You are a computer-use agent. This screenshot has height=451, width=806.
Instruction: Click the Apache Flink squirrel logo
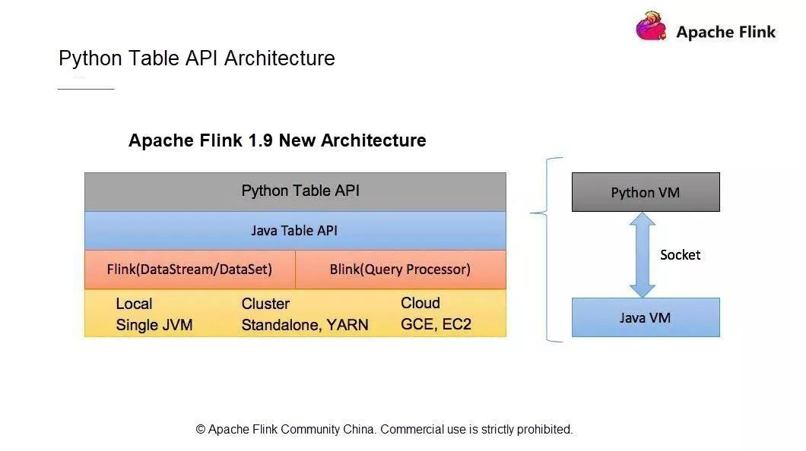pyautogui.click(x=652, y=26)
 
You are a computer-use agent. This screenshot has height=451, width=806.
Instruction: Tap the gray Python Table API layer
pyautogui.click(x=295, y=192)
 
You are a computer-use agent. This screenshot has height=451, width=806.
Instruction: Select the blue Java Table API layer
pyautogui.click(x=295, y=231)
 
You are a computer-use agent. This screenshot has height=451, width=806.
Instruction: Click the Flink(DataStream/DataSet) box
pyautogui.click(x=189, y=270)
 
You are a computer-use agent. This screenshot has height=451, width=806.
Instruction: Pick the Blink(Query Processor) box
pyautogui.click(x=401, y=270)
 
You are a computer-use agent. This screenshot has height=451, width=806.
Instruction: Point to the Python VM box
pyautogui.click(x=646, y=192)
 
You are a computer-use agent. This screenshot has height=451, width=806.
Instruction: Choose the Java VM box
pyautogui.click(x=646, y=317)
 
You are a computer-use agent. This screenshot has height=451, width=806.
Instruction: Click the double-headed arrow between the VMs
pyautogui.click(x=642, y=255)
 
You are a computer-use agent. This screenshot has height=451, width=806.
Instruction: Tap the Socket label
pyautogui.click(x=680, y=255)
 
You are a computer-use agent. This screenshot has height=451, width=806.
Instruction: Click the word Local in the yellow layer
pyautogui.click(x=134, y=304)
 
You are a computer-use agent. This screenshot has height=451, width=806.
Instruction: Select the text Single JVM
pyautogui.click(x=154, y=325)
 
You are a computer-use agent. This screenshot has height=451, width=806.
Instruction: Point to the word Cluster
pyautogui.click(x=265, y=304)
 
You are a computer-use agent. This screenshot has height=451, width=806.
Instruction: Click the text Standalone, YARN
pyautogui.click(x=305, y=325)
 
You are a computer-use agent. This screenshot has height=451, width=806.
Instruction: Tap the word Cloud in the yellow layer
pyautogui.click(x=420, y=303)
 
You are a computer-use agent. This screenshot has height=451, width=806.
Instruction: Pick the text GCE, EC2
pyautogui.click(x=436, y=324)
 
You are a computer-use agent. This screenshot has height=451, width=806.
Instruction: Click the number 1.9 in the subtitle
pyautogui.click(x=261, y=140)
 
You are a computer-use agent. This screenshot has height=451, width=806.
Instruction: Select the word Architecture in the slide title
pyautogui.click(x=280, y=58)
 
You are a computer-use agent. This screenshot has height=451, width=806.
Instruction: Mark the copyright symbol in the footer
pyautogui.click(x=201, y=430)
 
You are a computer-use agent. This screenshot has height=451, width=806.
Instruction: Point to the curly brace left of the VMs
pyautogui.click(x=547, y=249)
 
